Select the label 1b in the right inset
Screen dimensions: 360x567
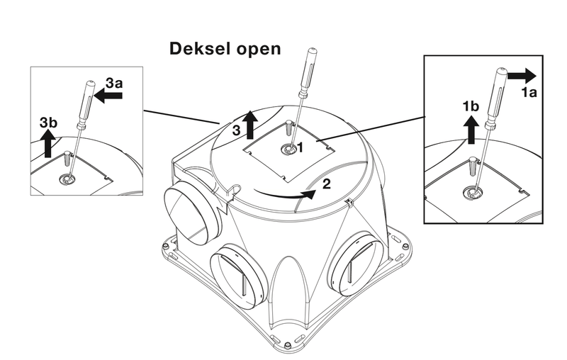pos(470,106)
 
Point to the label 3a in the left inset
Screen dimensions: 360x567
pos(113,84)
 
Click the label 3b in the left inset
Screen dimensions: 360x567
pos(48,122)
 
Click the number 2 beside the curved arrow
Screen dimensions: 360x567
pos(327,184)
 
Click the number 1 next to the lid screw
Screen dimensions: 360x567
pos(301,147)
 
